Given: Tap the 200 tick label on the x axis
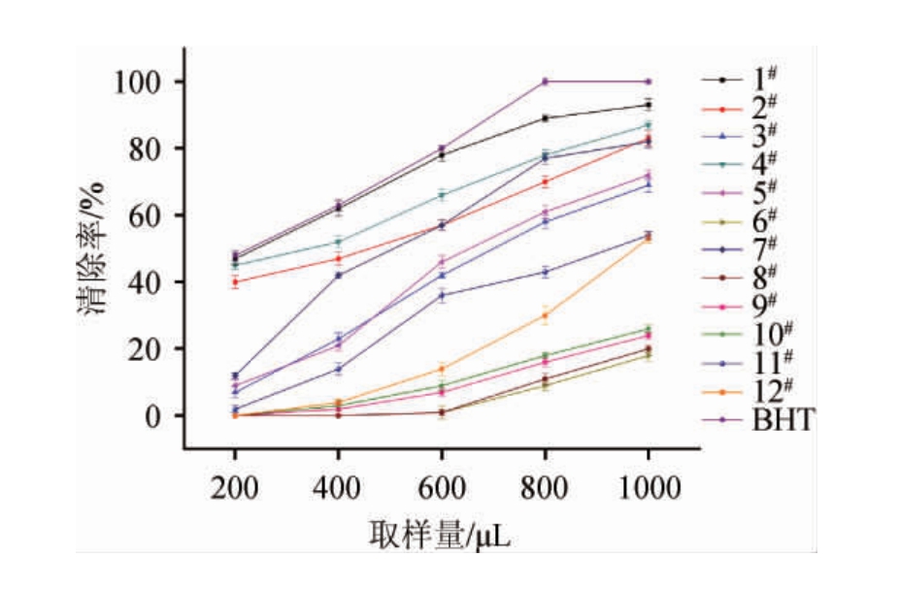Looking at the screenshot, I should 235,489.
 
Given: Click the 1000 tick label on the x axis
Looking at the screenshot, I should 648,489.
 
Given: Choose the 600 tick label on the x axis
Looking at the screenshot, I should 441,489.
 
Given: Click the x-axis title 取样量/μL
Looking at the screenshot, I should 439,535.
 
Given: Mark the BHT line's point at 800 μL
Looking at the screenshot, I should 545,82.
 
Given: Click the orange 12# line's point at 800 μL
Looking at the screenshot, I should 545,315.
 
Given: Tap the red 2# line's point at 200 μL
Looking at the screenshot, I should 235,282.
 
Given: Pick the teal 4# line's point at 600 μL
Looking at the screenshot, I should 441,195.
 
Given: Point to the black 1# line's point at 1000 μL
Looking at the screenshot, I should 648,105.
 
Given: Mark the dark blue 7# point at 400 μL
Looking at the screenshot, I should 338,276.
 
